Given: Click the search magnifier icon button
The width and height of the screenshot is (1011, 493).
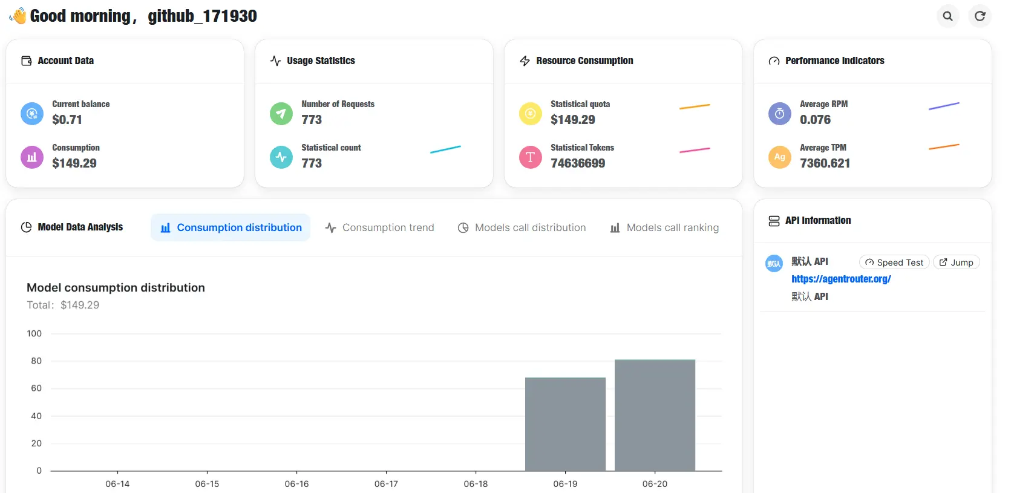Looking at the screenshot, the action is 947,16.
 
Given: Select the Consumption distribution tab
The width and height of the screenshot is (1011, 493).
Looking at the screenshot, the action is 231,227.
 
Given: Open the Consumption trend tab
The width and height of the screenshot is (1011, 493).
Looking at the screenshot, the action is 379,227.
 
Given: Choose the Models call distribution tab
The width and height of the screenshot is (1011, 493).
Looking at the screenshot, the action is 522,227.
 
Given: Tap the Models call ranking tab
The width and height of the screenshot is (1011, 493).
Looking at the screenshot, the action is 664,227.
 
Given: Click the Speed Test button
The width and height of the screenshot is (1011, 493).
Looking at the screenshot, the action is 895,263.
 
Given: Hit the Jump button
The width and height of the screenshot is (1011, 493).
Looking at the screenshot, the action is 957,263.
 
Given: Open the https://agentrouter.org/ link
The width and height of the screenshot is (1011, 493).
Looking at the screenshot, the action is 842,279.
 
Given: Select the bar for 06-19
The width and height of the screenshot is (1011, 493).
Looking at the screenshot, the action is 566,425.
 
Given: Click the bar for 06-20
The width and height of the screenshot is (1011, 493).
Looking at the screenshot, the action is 655,416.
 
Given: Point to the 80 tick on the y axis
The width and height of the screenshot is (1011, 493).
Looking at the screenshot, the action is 36,361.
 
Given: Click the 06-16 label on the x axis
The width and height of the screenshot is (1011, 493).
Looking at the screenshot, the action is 296,484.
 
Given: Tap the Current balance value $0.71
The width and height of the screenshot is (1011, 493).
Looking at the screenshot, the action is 67,120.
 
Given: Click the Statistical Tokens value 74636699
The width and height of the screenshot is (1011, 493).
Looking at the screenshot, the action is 578,163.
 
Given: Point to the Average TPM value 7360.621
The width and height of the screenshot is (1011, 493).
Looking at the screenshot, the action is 825,163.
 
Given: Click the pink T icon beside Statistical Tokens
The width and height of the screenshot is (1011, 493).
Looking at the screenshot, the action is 531,157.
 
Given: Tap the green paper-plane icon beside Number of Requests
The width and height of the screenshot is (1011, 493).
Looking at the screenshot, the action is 281,113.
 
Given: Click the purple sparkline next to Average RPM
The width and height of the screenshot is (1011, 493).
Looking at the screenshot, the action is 944,106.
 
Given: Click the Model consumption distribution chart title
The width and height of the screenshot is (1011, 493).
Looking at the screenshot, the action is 116,288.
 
